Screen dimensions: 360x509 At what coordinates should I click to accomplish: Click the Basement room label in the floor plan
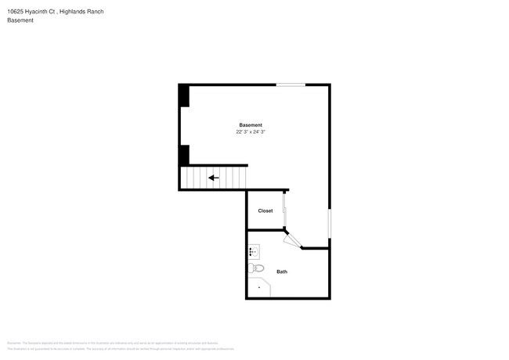tap(251, 125)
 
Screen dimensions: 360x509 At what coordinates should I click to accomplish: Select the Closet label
tap(265, 211)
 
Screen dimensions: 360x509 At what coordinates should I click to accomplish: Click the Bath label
tap(282, 272)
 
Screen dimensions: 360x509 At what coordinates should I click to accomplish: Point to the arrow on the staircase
tap(213, 178)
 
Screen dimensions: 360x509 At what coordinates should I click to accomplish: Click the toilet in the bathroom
tap(256, 268)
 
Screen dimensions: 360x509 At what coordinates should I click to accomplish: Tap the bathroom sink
tap(254, 252)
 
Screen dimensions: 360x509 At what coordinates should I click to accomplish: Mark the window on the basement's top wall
tap(291, 85)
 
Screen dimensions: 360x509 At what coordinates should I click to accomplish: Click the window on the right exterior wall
tap(330, 223)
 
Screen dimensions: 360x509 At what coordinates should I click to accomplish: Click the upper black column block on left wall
tap(184, 95)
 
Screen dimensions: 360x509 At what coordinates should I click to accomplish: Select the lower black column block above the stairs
tap(184, 154)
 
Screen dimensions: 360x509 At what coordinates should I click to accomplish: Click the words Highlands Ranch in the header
tap(83, 12)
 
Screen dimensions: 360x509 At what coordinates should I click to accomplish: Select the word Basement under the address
tap(20, 20)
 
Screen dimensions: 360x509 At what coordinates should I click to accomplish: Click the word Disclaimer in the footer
tap(14, 343)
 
